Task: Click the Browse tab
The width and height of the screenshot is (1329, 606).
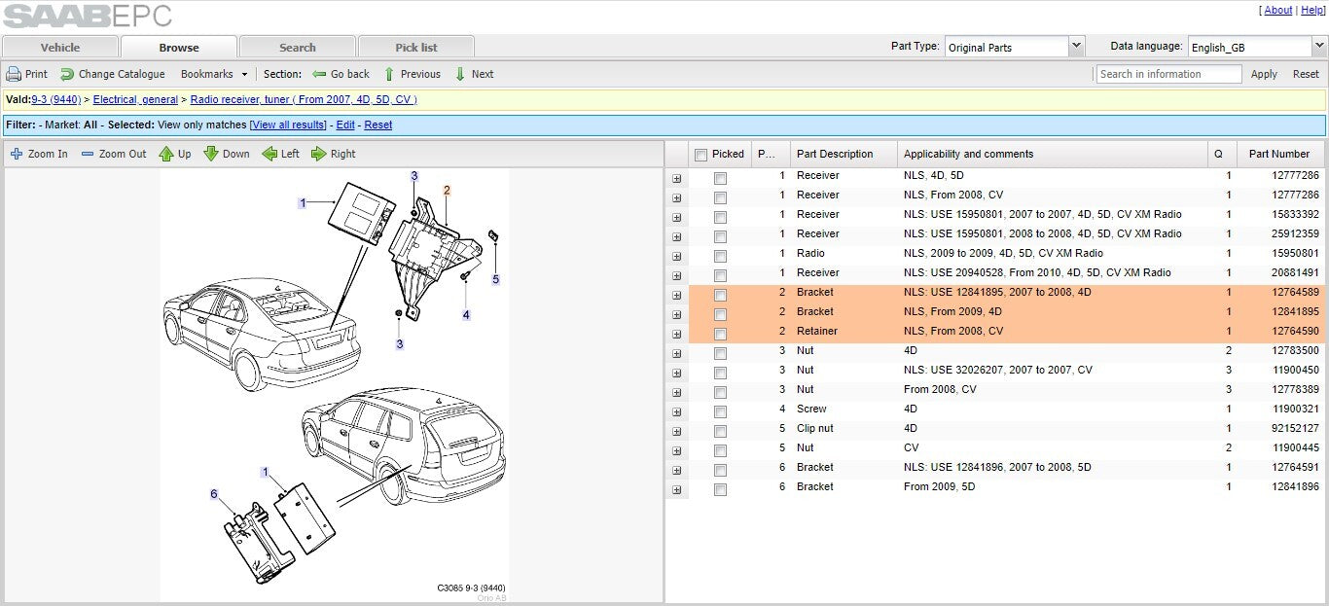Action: (x=179, y=48)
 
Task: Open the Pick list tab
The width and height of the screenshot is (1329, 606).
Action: (x=415, y=48)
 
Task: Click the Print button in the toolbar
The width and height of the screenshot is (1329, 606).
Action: (x=26, y=74)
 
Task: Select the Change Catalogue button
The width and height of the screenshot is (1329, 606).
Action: (x=113, y=74)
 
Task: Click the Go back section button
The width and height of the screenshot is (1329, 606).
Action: (x=341, y=74)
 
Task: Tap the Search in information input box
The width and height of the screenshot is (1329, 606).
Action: (x=1168, y=74)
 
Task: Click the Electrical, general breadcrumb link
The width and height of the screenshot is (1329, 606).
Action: (x=135, y=99)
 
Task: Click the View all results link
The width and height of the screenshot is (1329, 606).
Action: (x=288, y=125)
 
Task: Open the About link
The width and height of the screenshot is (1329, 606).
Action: (x=1278, y=10)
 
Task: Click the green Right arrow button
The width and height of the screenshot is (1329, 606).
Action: (x=334, y=154)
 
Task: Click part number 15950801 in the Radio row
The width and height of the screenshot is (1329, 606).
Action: (x=1295, y=253)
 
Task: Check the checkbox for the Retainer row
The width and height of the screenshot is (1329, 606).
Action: (x=720, y=334)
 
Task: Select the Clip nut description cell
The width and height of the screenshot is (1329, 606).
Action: (x=814, y=428)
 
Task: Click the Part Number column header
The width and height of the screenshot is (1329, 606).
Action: (x=1279, y=154)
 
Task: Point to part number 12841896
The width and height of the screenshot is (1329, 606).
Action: (x=1295, y=486)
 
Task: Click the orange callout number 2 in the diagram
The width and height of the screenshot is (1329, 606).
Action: (x=447, y=191)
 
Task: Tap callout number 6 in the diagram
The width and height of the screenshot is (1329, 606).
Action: (x=214, y=494)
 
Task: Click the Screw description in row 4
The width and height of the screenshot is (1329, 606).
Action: (x=811, y=409)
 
